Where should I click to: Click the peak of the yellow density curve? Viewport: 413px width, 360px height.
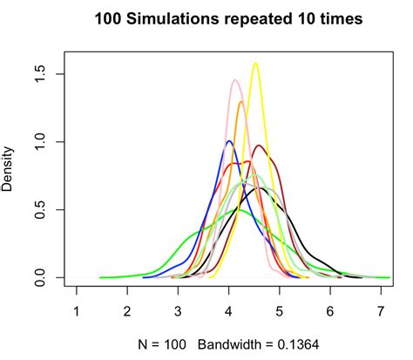(255, 63)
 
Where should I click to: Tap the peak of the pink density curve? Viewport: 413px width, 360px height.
(235, 80)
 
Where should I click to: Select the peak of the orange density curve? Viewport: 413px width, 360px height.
(241, 102)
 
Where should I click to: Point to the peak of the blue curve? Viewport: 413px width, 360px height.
(228, 140)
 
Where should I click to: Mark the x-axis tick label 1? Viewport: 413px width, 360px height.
(77, 311)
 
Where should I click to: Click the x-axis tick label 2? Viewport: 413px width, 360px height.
(127, 311)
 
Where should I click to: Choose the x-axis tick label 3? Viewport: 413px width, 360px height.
(178, 311)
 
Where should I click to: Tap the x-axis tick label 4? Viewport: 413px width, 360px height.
(228, 311)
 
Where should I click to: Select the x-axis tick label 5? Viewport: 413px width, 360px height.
(279, 311)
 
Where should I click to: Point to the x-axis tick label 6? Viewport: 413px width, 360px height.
(329, 311)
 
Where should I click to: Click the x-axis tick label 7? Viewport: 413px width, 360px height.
(381, 311)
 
